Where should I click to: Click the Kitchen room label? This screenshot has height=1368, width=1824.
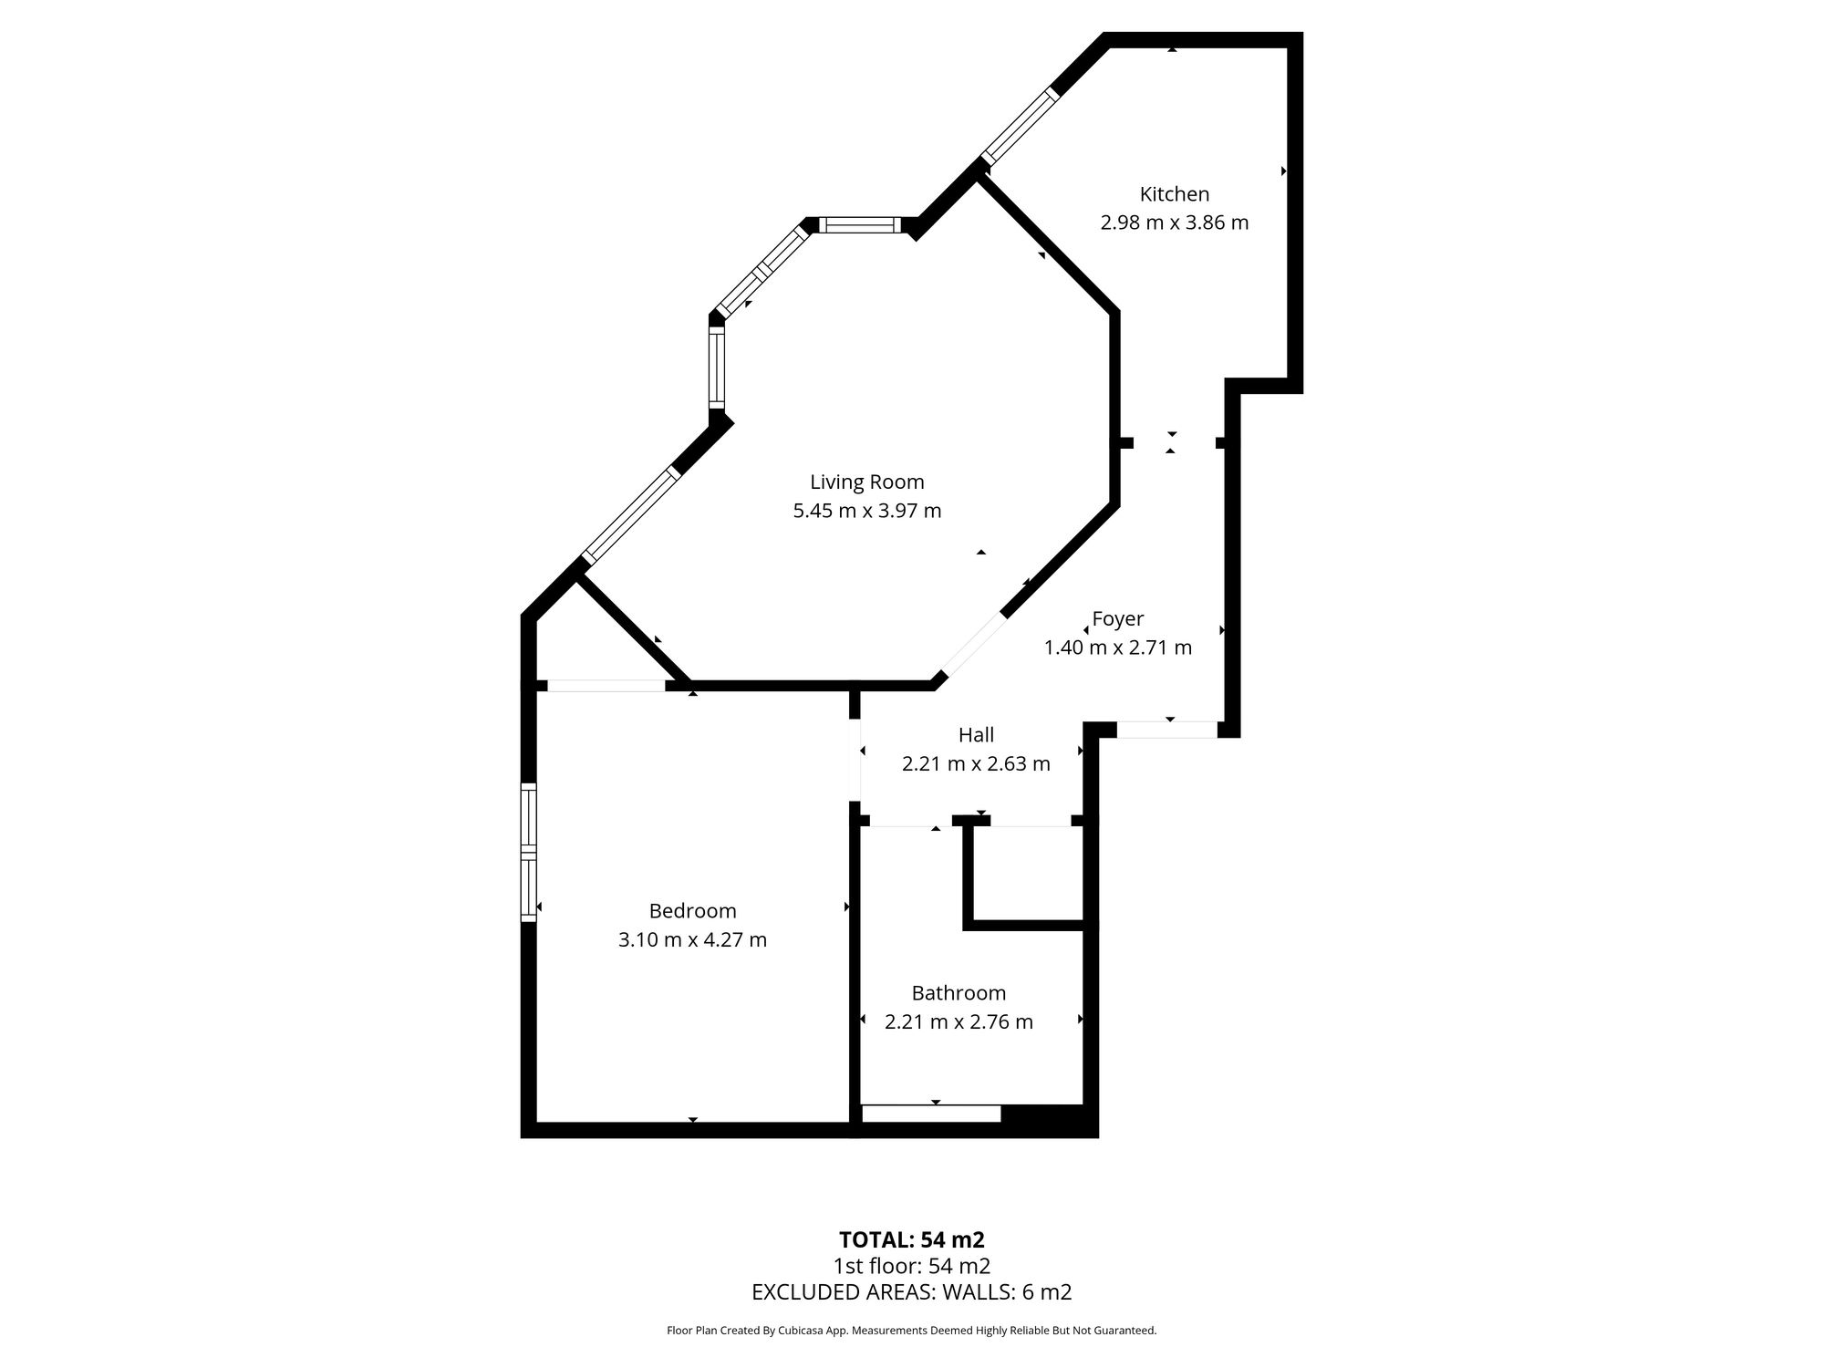tap(1174, 194)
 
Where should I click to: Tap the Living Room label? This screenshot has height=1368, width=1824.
tap(866, 482)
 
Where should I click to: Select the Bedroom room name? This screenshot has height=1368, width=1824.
tap(692, 910)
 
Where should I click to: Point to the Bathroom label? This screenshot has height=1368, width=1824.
tap(959, 992)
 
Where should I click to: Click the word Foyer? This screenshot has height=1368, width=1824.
tap(1118, 619)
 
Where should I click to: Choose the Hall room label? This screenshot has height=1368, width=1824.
tap(976, 734)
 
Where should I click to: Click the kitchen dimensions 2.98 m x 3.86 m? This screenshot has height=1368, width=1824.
tap(1174, 223)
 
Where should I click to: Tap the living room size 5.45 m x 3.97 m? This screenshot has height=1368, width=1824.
tap(866, 511)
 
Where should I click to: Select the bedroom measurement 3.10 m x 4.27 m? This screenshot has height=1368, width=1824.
tap(692, 939)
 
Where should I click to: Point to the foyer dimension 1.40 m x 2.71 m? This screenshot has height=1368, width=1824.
tap(1117, 648)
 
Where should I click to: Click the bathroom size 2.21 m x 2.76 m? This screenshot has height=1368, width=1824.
tap(959, 1021)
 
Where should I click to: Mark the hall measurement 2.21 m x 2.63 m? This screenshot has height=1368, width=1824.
tap(976, 763)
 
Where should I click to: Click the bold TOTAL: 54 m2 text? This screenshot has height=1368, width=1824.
tap(911, 1239)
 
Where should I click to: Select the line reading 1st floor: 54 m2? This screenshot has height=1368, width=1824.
tap(911, 1266)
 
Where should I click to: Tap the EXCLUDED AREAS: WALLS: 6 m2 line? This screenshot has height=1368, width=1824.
tap(911, 1291)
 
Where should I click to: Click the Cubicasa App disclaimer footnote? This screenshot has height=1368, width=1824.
tap(911, 1331)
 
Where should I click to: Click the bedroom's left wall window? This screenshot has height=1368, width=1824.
tap(528, 852)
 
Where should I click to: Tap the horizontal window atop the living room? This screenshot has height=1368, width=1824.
tap(859, 225)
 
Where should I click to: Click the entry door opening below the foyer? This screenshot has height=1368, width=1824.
tap(1167, 730)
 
